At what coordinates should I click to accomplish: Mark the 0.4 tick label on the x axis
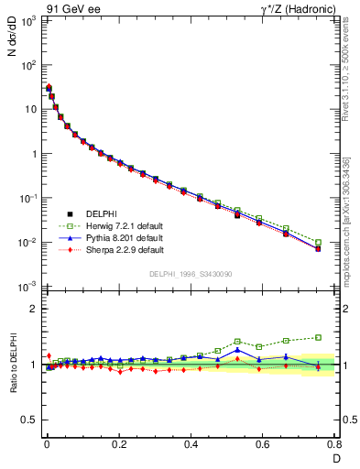191,446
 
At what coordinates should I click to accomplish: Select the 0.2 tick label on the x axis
118,446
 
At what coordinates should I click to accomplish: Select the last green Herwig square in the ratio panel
318,337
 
